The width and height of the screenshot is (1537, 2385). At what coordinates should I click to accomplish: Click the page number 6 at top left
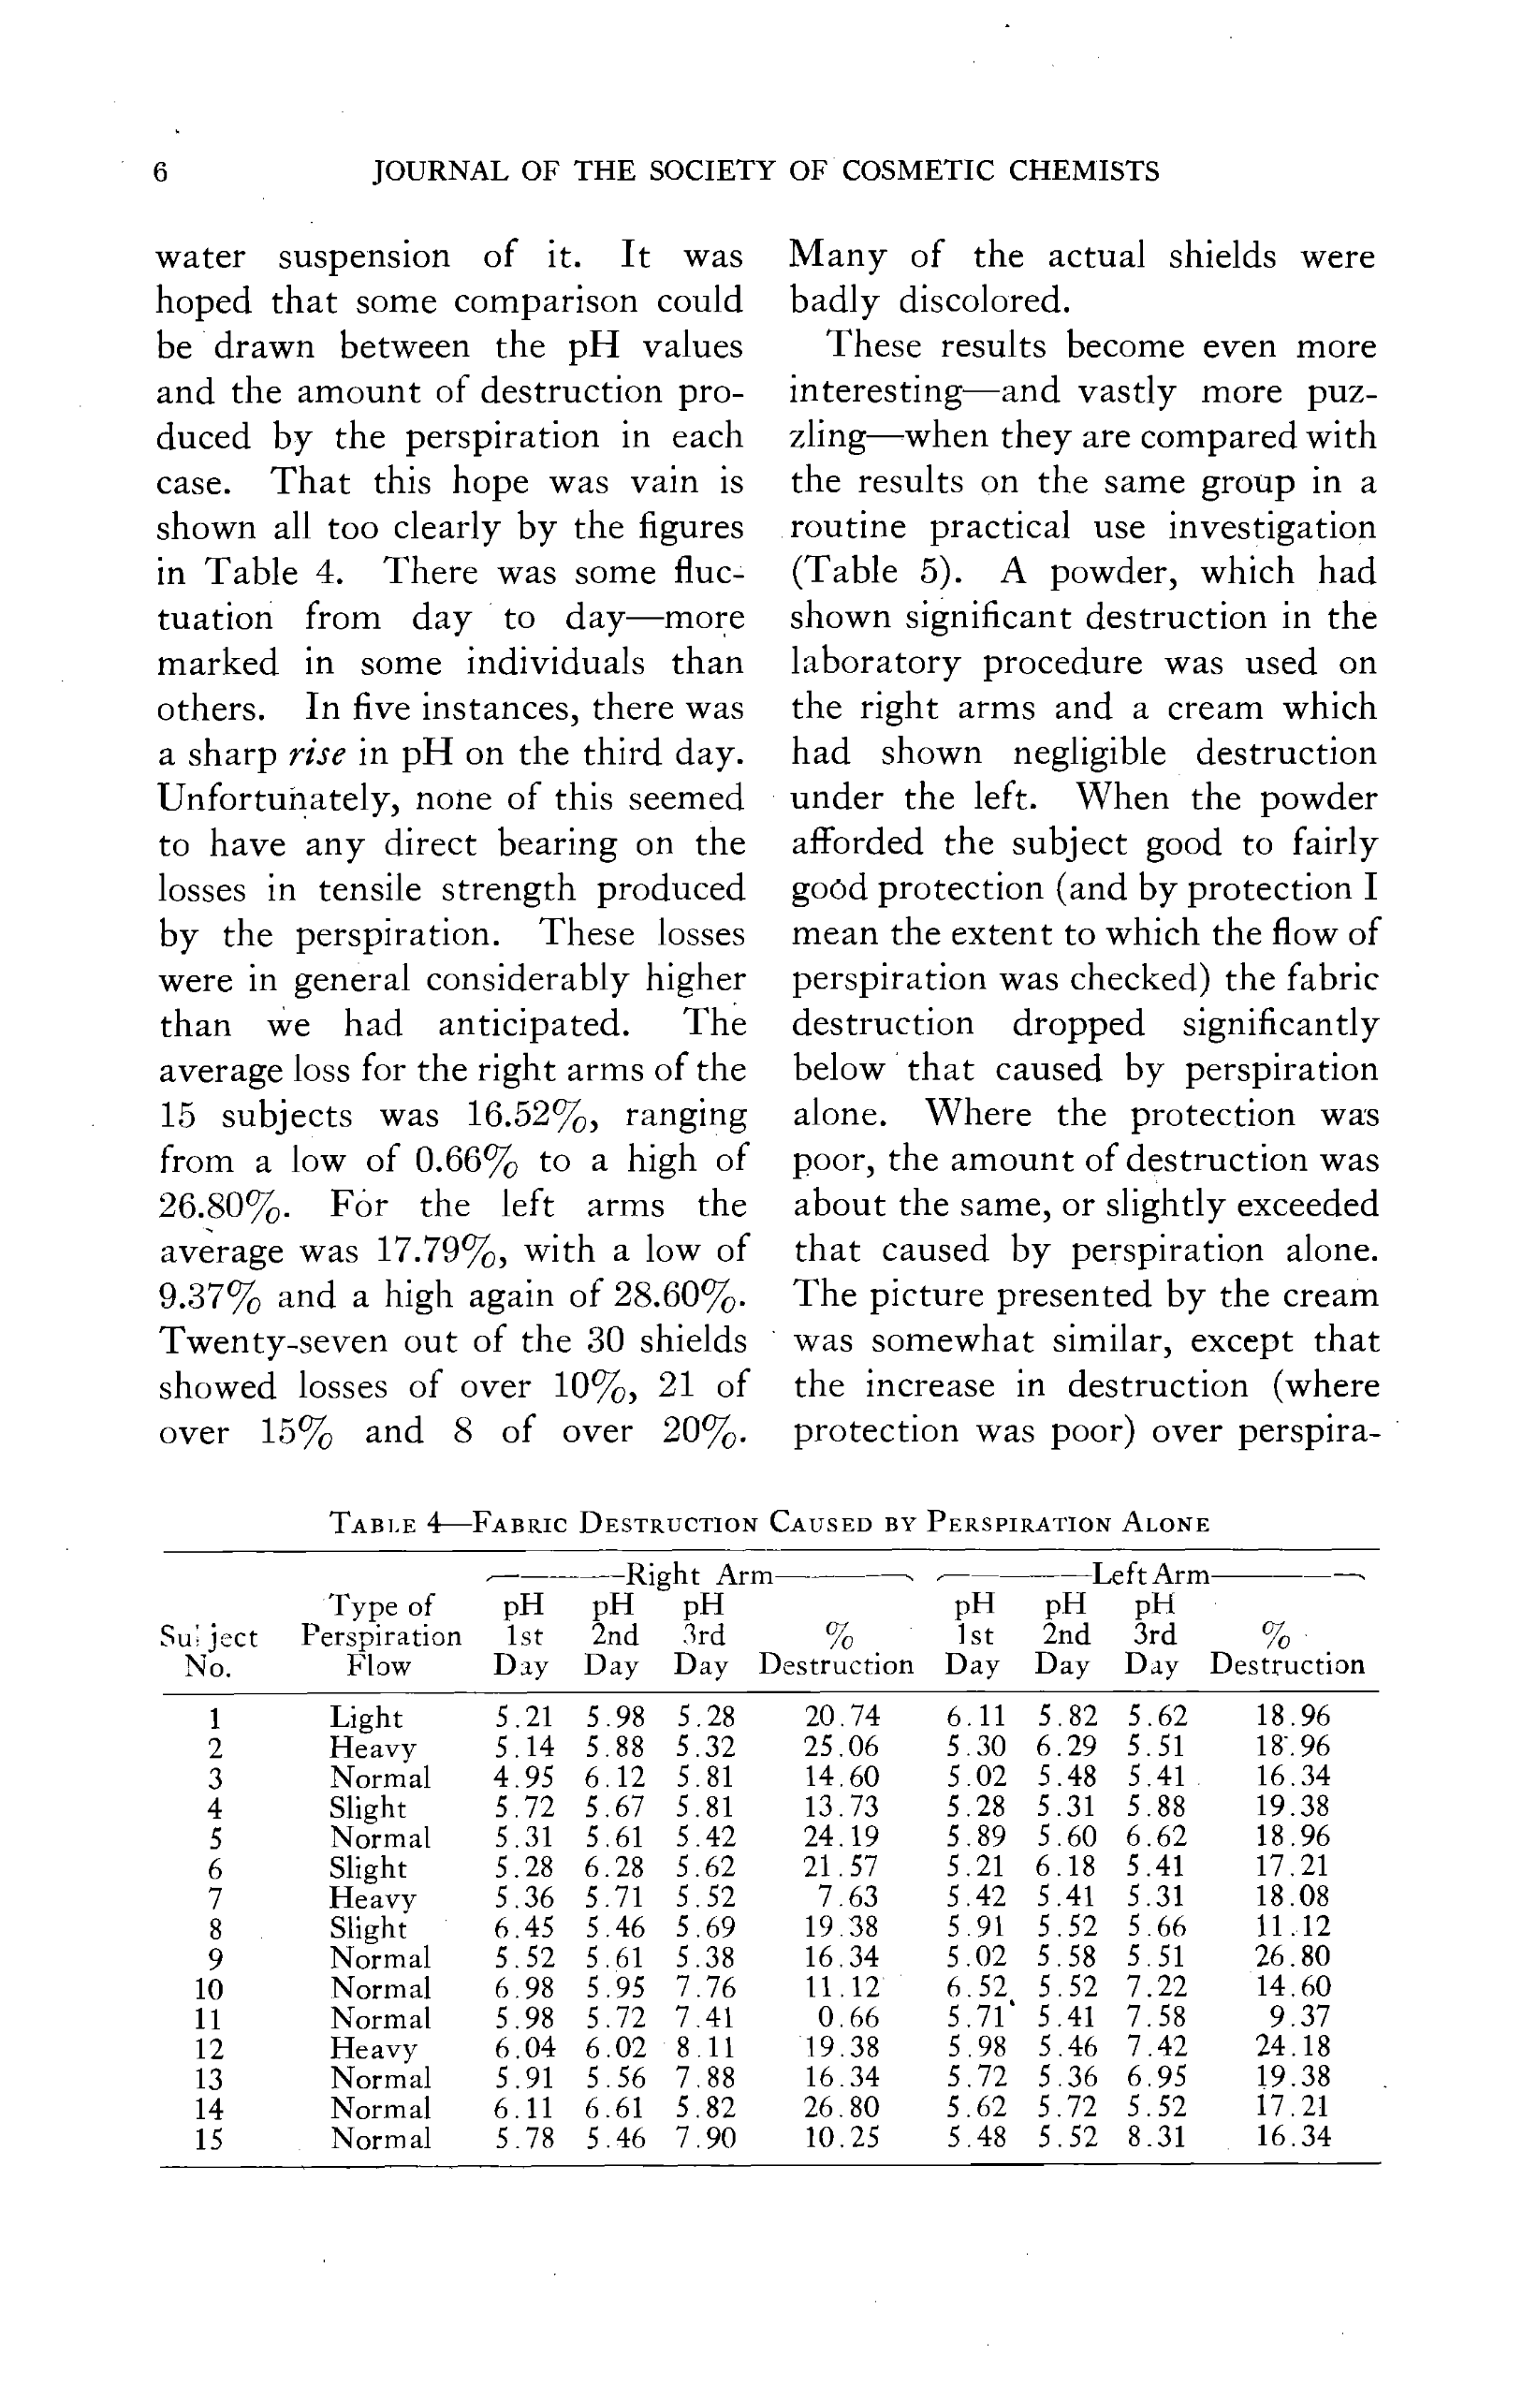point(160,172)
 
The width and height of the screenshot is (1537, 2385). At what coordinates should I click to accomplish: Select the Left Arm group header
point(1150,1575)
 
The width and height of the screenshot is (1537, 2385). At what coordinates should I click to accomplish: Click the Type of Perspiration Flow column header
point(380,1635)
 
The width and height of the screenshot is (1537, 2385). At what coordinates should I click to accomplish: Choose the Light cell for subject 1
point(366,1718)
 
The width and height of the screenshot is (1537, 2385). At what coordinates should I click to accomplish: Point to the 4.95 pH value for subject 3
point(524,1778)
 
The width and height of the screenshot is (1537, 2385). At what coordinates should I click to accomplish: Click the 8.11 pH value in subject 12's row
point(706,2048)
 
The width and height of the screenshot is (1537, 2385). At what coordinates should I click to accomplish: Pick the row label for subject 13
point(208,2079)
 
